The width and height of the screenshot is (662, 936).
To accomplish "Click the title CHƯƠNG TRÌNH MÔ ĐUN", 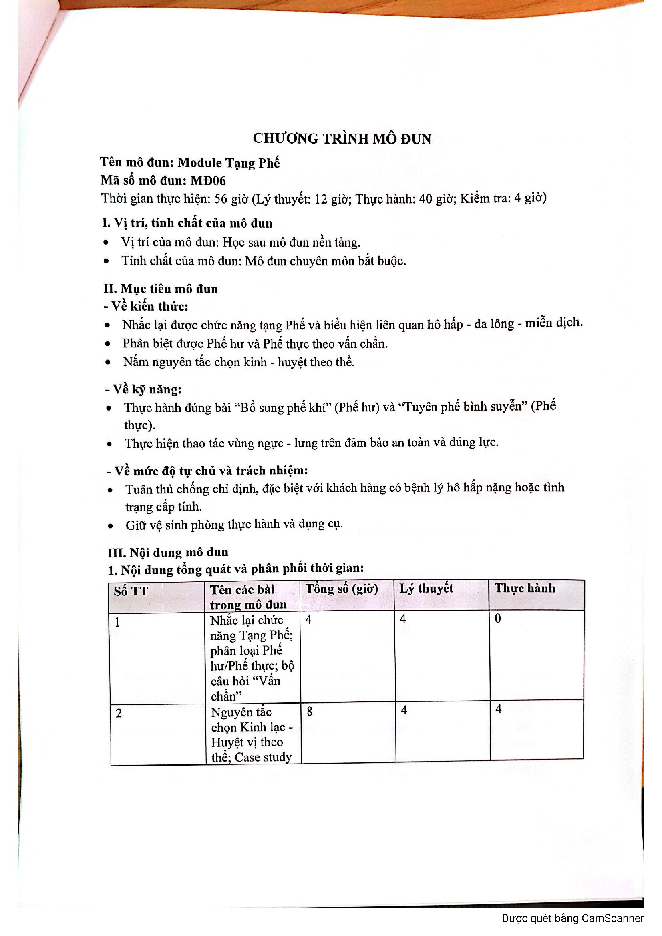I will [342, 138].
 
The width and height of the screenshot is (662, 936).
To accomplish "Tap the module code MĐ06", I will [208, 180].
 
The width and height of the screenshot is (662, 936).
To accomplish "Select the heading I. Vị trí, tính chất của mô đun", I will [187, 223].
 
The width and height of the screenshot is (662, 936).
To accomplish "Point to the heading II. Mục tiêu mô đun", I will [161, 289].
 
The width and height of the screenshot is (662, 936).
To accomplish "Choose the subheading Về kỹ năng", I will [144, 389].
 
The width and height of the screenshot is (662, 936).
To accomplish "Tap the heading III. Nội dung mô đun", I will [168, 552].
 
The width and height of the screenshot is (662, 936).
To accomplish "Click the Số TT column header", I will [131, 591].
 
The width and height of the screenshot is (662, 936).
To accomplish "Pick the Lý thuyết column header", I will [426, 588].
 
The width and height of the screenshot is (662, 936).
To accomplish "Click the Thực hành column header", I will [525, 588].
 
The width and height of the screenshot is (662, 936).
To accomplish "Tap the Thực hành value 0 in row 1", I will [498, 619].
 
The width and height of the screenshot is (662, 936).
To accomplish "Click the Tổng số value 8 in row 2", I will [310, 712].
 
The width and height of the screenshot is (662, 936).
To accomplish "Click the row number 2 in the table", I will [119, 713].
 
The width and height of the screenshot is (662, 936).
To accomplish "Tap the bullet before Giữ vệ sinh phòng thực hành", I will [110, 526].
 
